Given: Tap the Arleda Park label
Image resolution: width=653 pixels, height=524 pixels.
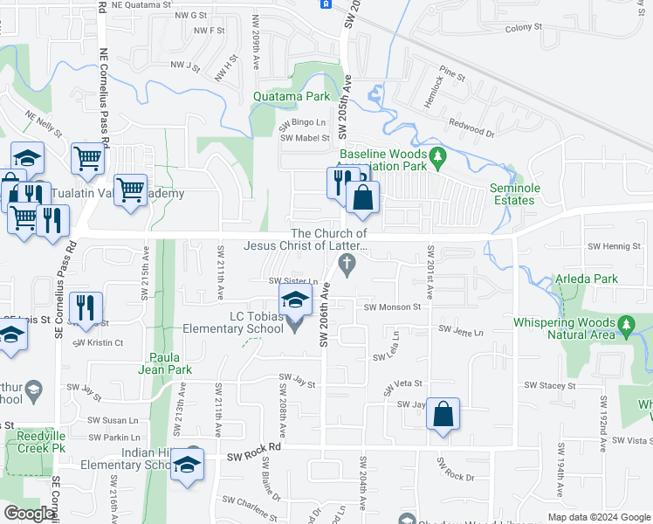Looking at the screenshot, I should (x=586, y=279).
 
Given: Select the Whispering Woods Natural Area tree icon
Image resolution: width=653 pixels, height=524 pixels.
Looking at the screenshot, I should (x=626, y=326).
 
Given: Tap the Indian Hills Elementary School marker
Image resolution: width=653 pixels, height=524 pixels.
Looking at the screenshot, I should (x=187, y=463).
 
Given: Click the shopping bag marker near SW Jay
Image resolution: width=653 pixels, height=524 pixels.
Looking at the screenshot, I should (x=443, y=414).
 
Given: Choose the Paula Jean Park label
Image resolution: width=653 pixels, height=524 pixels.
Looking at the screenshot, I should (x=170, y=363).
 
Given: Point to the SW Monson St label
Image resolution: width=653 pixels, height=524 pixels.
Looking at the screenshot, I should (x=392, y=307).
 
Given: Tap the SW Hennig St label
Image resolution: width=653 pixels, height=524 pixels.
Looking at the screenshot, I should (x=614, y=247).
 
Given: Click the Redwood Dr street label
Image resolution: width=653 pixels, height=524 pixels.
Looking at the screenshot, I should (x=471, y=129).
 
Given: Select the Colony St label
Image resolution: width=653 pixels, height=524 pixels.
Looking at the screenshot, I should (x=523, y=28).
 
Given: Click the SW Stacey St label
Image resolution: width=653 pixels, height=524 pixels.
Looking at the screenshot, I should (x=549, y=385).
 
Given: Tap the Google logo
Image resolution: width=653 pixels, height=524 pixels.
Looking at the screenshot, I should (x=29, y=514).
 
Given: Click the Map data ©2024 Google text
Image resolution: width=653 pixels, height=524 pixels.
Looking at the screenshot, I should (x=598, y=517).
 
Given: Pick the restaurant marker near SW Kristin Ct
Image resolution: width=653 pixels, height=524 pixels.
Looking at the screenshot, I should (x=86, y=308).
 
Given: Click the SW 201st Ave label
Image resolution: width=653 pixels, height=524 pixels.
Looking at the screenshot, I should (x=430, y=272).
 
